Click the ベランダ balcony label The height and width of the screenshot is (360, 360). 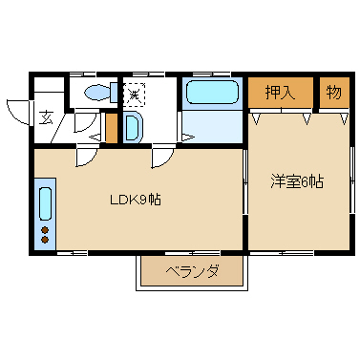coord(192,271)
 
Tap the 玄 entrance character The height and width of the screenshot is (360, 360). coord(46,117)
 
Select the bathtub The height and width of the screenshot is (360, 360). coord(211,93)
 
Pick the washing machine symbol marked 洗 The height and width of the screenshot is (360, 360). coord(135,94)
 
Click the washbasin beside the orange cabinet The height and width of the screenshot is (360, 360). coord(133,126)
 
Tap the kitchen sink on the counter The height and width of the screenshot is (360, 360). coord(45,203)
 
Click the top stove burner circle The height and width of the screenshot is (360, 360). coord(45,229)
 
